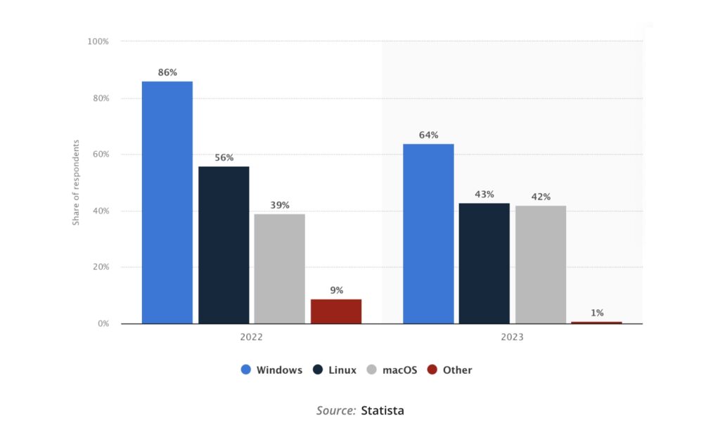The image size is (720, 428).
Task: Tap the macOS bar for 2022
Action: point(280,268)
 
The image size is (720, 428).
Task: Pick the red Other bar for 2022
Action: point(336,311)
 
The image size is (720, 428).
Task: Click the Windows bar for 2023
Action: point(428,233)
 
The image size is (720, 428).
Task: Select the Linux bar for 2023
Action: point(484,263)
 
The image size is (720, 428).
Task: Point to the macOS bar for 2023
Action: point(541,264)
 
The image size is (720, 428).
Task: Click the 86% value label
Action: point(167,72)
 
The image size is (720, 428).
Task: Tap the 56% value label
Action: point(224,157)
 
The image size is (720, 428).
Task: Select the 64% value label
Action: point(428,135)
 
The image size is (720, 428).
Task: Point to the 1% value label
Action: point(597,313)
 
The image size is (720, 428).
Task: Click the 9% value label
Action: point(336,290)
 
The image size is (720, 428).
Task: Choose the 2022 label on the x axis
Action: point(251,337)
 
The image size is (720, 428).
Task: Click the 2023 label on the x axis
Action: point(512,337)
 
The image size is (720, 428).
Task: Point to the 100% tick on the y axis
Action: point(98,41)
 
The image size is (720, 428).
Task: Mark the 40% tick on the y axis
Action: point(101,211)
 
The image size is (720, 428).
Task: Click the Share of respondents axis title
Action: point(76,183)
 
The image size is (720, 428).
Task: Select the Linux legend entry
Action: point(335,370)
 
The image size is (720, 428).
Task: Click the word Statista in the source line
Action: point(382,410)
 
